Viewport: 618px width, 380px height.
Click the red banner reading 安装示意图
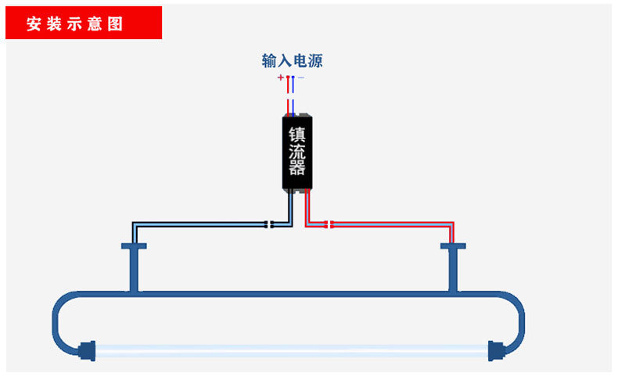click(84, 23)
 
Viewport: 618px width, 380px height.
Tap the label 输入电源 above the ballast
click(292, 61)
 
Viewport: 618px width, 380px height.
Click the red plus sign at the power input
click(280, 77)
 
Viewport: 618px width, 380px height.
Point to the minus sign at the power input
click(301, 77)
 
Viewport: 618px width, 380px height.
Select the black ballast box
click(298, 153)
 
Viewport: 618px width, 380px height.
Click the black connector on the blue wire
click(269, 224)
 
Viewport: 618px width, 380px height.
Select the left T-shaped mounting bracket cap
click(134, 246)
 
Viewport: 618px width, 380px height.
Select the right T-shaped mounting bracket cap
click(453, 246)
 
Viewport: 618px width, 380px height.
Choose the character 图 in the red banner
click(117, 23)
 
